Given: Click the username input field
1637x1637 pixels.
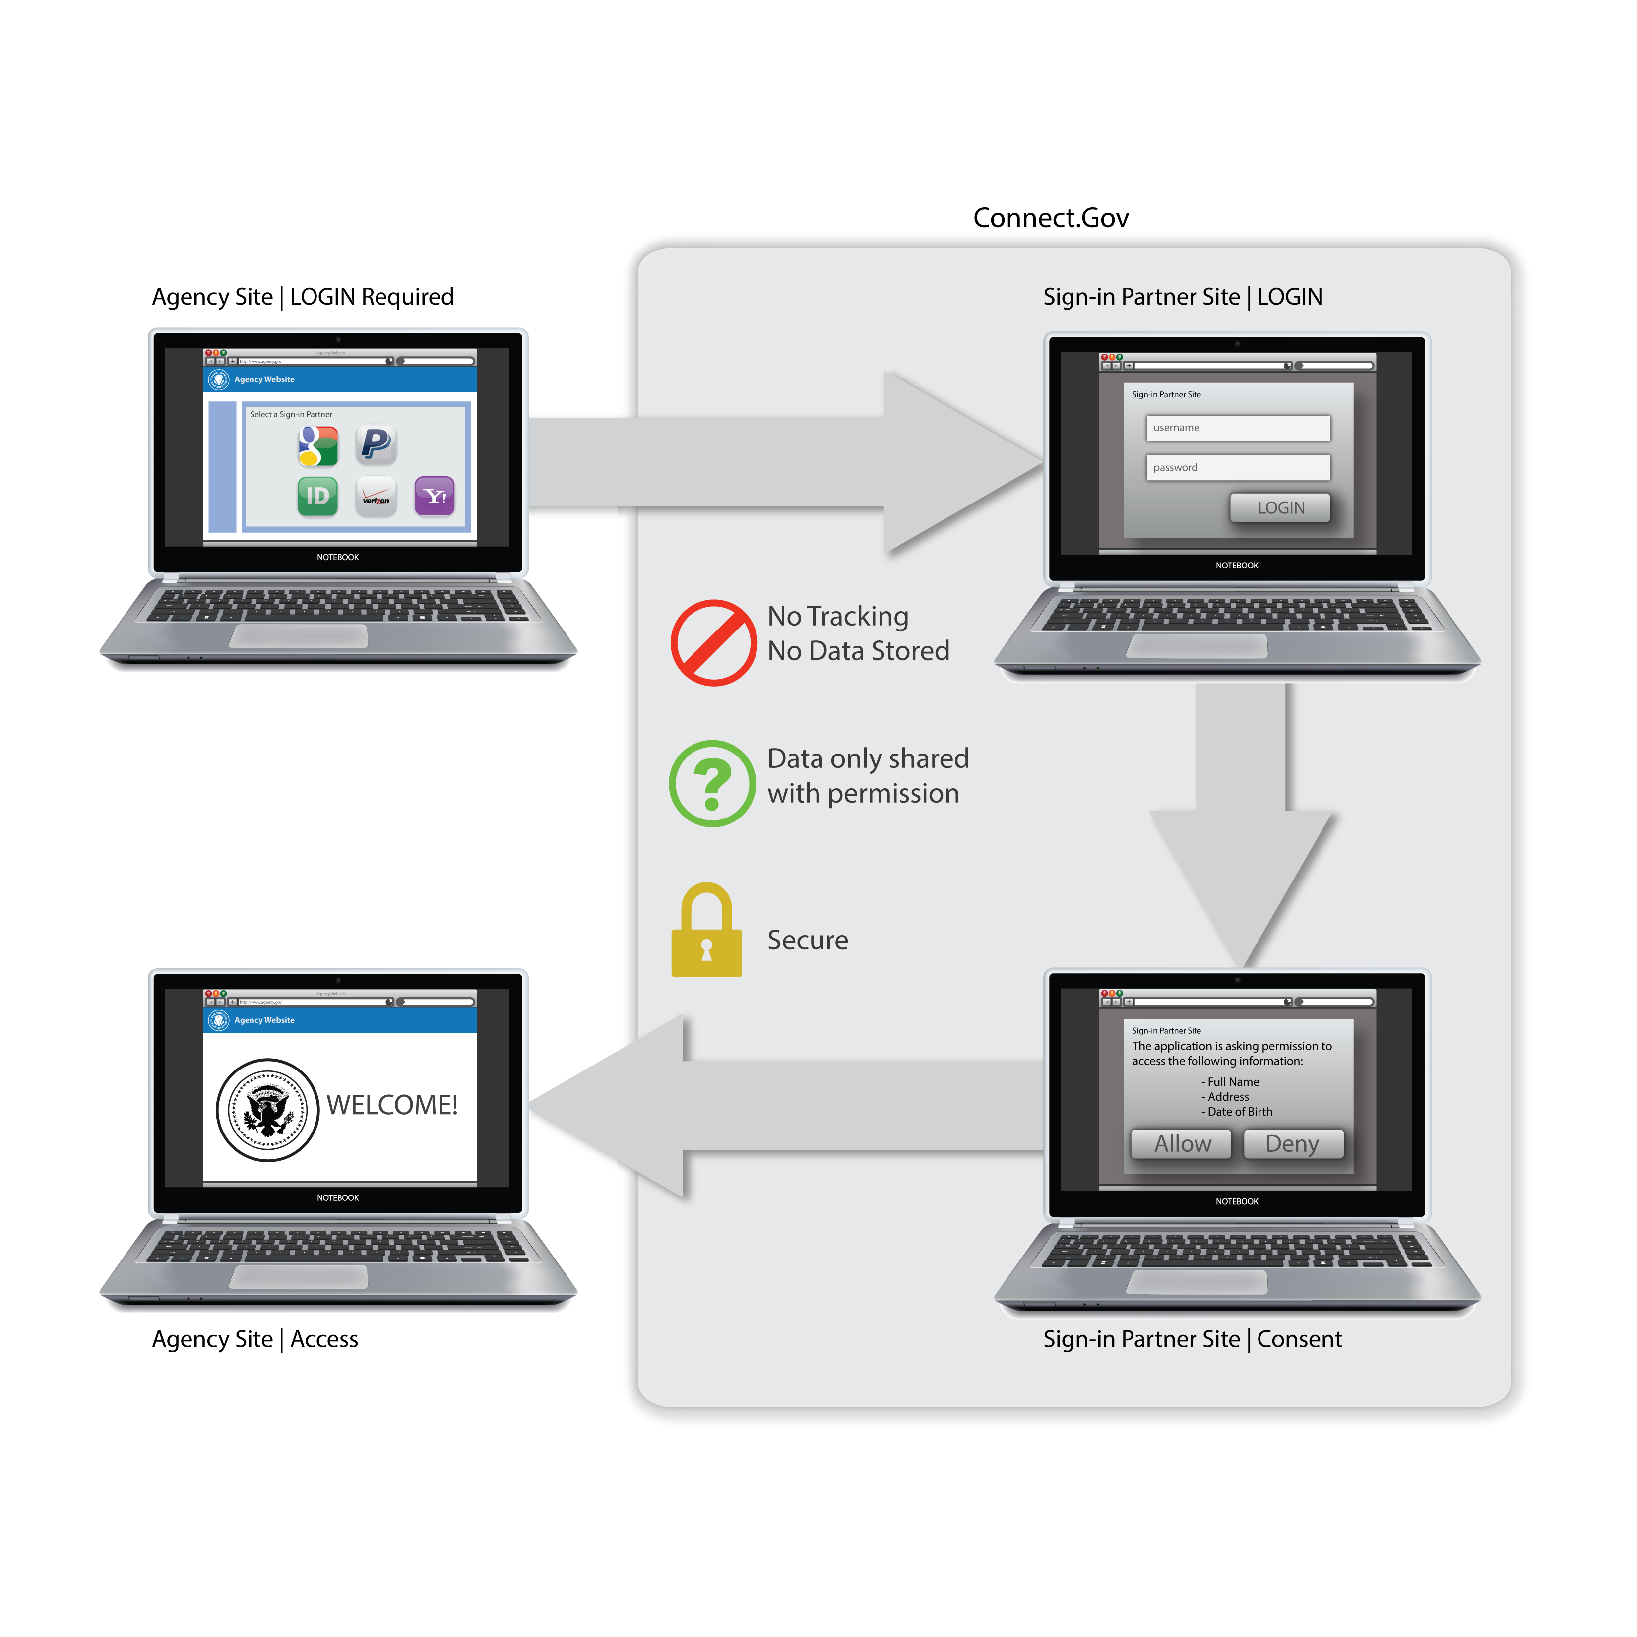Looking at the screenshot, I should pos(1238,428).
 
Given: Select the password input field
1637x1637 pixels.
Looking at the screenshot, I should pos(1238,468).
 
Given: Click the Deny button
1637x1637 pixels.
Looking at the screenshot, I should pos(1292,1144).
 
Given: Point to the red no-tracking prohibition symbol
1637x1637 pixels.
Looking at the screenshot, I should pos(713,643).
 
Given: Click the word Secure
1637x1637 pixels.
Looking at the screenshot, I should pos(808,941).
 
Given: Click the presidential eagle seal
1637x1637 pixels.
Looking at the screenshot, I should pos(268,1109).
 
